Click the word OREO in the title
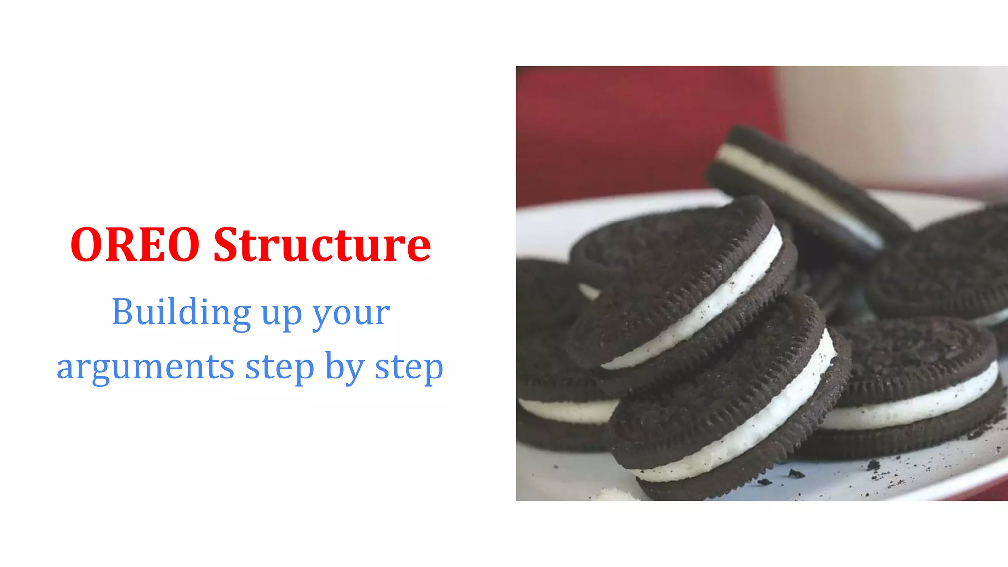tap(135, 245)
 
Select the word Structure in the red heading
tap(322, 245)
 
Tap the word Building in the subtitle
tap(182, 312)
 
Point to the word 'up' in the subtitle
tap(282, 315)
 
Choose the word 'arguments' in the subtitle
tap(146, 368)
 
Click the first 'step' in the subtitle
tap(279, 368)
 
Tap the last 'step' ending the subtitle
tap(409, 368)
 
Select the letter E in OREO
tap(155, 245)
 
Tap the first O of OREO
tap(87, 245)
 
